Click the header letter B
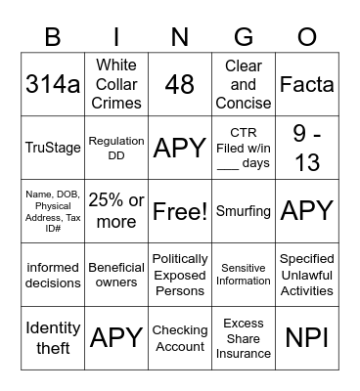53,37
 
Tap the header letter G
244,37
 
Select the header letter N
180,37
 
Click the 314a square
53,85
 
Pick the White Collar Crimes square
116,85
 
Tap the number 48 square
180,85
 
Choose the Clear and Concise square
244,85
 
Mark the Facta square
307,85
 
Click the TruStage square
53,148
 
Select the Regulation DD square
116,148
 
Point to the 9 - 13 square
307,148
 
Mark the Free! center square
180,210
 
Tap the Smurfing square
244,210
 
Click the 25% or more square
116,210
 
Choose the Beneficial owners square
116,274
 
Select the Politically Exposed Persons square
180,274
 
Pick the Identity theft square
53,337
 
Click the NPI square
307,337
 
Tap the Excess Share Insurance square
244,337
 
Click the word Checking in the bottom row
180,329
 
